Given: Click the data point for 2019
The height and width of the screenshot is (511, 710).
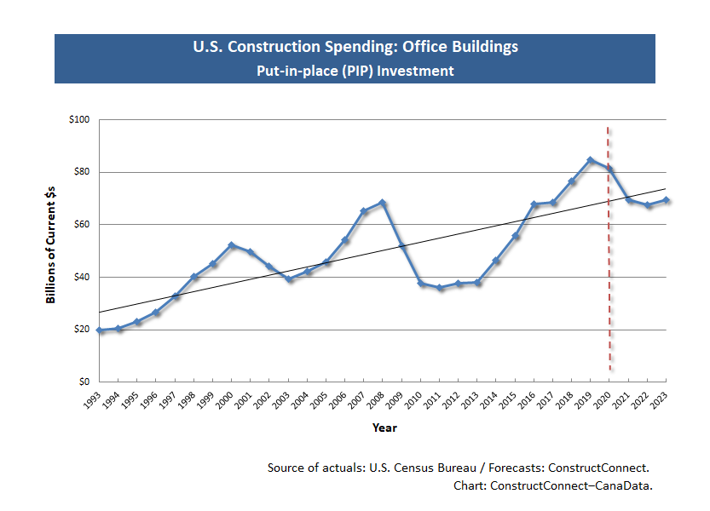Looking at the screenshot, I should (x=590, y=160).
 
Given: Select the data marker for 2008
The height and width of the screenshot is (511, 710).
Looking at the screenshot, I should (x=383, y=203).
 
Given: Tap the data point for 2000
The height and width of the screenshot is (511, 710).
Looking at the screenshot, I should (x=232, y=245).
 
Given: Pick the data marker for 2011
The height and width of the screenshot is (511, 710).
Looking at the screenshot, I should (x=440, y=288).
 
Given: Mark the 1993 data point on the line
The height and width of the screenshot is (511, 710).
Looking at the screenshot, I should (x=100, y=330).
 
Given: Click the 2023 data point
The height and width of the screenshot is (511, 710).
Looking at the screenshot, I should (x=666, y=200).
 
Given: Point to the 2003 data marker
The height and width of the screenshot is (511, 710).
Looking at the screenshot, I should (x=289, y=279).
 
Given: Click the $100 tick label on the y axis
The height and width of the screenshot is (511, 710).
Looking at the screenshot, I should (x=79, y=120).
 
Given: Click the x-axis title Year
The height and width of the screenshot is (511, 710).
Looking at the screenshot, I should (x=384, y=428).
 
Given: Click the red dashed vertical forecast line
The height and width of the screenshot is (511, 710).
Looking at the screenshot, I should (x=609, y=255).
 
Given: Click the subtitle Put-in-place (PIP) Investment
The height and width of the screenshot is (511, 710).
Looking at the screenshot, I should (x=355, y=72).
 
